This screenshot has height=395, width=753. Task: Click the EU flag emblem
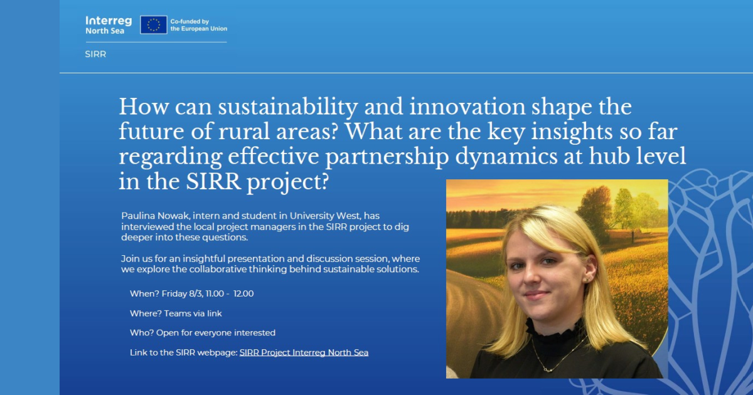[154, 25]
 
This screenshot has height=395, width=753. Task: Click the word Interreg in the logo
[109, 21]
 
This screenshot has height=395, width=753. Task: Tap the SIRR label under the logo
[95, 54]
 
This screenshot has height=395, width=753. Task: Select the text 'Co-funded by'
[190, 21]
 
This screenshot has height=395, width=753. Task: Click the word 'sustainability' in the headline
[288, 107]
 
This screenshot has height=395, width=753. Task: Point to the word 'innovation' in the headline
[467, 107]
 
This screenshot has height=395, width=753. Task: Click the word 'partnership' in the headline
[387, 157]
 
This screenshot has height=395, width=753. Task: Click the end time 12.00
[243, 293]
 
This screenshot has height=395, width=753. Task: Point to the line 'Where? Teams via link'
[176, 313]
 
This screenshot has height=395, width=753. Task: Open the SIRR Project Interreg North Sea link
[304, 352]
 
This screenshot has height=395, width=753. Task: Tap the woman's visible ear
[590, 269]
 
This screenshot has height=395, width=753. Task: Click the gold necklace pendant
[547, 370]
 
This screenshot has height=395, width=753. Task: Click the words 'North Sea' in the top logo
[105, 31]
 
